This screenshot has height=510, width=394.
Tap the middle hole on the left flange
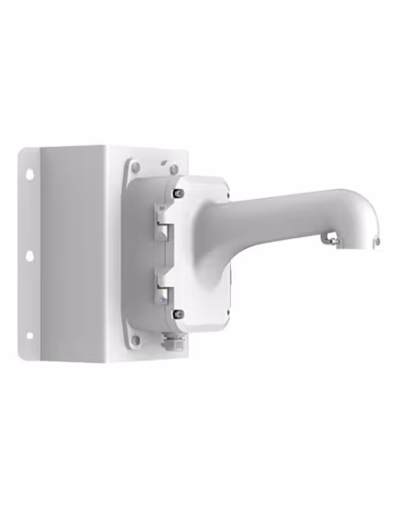[x=30, y=256]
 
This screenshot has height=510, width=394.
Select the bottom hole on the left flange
[x=30, y=333]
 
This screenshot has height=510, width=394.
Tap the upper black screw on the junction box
[x=179, y=193]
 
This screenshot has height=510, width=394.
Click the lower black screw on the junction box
[x=180, y=314]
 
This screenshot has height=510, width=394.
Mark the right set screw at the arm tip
[x=377, y=242]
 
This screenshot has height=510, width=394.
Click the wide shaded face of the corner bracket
[x=74, y=253]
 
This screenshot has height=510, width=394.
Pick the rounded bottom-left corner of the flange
[x=26, y=353]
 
